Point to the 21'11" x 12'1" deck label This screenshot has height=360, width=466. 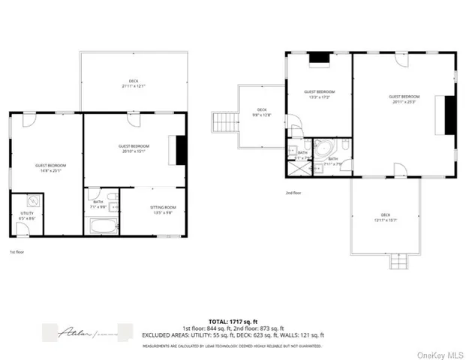133,82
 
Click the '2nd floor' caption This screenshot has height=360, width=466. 294,192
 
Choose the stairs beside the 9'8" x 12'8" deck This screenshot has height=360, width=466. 222,121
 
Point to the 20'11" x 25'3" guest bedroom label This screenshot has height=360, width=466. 404,99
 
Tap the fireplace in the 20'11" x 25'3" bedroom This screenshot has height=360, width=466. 450,115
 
